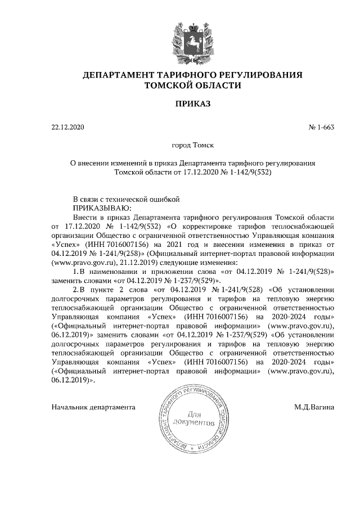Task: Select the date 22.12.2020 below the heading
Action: (x=67, y=127)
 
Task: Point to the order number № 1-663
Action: (x=322, y=127)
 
